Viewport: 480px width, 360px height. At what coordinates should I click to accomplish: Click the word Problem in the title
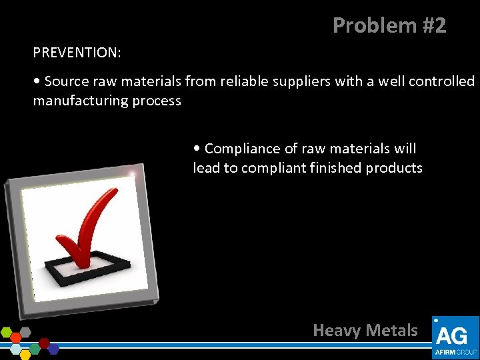363,25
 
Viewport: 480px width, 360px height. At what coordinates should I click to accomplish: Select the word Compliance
242,148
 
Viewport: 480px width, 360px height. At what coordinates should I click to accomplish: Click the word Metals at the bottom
392,330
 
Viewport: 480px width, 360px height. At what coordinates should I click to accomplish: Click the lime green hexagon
7,331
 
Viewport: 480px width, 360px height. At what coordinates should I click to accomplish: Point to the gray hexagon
25,331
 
